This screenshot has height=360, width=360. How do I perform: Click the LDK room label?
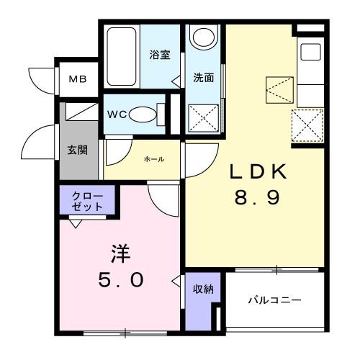point(258,172)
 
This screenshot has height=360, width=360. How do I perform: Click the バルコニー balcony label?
point(274,300)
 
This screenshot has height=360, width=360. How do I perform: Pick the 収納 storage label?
point(202,289)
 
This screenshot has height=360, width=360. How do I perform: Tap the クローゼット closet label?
point(87,200)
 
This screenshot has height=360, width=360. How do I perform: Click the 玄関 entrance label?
point(78,150)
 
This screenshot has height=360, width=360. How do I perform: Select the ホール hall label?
point(153,158)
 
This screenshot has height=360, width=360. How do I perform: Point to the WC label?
point(117,113)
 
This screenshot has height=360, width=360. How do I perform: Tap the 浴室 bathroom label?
point(159,55)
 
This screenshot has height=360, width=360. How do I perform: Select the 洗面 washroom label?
point(202,78)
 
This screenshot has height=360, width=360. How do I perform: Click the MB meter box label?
point(77,78)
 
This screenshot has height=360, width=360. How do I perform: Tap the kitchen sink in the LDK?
point(310,53)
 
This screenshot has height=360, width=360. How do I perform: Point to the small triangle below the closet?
point(74,222)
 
